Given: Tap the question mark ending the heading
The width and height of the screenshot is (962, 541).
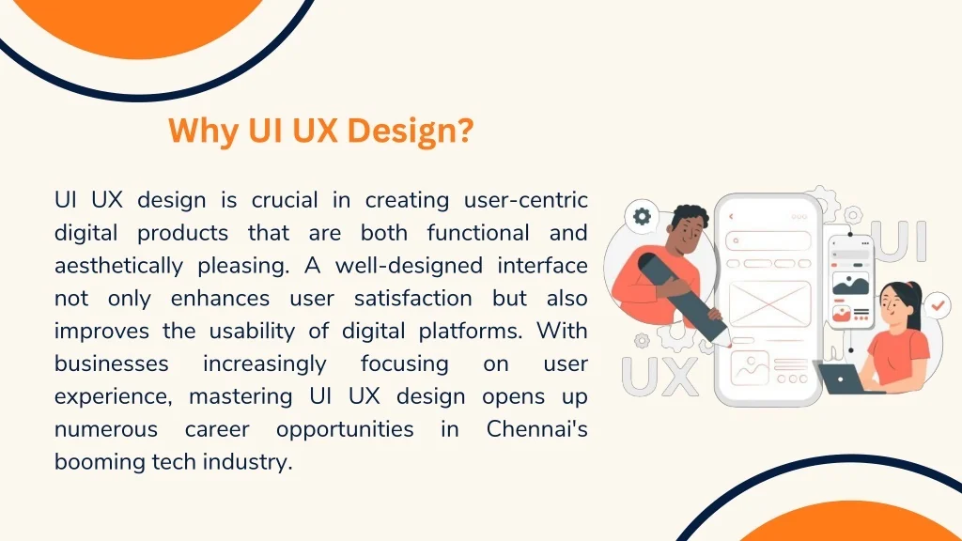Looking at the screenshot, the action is (x=466, y=130).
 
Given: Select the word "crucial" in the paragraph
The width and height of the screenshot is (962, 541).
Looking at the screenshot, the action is (x=285, y=200).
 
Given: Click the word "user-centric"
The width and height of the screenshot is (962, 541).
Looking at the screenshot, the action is (x=526, y=200).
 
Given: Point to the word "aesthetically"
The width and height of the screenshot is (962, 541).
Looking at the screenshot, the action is (x=118, y=266).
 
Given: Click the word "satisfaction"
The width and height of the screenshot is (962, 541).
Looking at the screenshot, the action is (x=413, y=298).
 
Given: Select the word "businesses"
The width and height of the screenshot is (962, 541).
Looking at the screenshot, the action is (x=111, y=363).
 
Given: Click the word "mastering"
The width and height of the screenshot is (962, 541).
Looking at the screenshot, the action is (x=240, y=397).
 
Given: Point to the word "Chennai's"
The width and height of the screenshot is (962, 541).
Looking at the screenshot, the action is (x=536, y=428).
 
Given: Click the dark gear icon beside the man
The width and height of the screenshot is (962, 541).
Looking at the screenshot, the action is (x=642, y=216).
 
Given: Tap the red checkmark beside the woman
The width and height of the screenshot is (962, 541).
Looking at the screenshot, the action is (x=937, y=304).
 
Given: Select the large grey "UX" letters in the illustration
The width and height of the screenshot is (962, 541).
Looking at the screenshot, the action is (x=659, y=377).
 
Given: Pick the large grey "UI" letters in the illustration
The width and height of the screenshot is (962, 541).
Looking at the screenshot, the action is (x=902, y=240).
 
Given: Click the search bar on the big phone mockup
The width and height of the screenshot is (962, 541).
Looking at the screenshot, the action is (x=768, y=240).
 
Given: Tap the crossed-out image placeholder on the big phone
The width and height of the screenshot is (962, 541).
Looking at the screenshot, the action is (x=769, y=303).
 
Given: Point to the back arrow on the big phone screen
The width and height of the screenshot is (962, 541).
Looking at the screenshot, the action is (x=731, y=217).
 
